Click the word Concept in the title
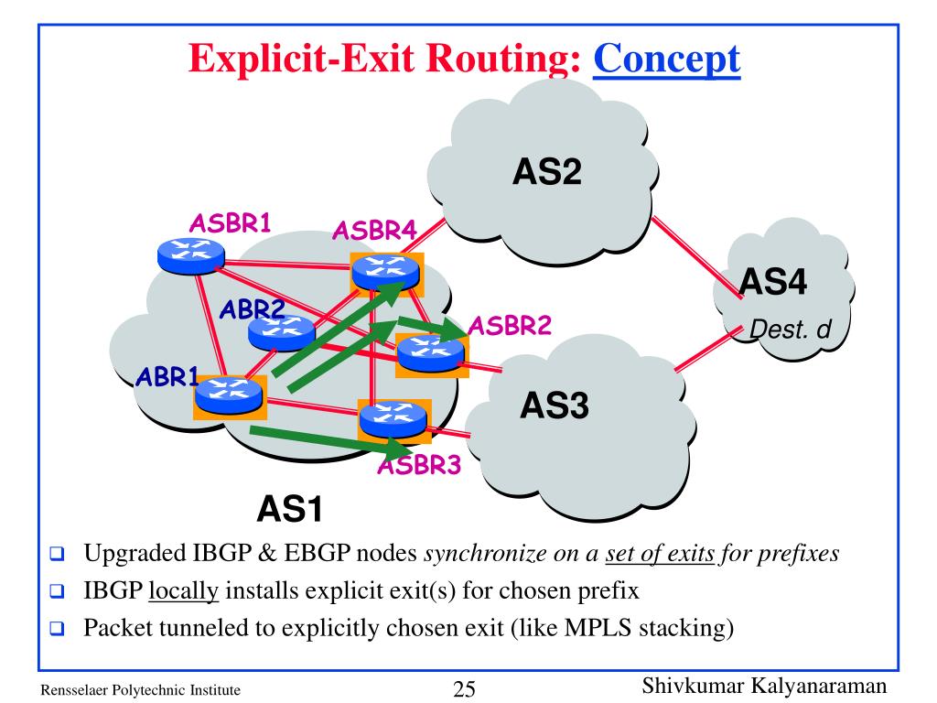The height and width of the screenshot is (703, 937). click(x=667, y=59)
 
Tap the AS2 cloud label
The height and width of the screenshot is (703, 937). click(x=547, y=171)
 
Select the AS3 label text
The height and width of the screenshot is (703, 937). click(x=555, y=405)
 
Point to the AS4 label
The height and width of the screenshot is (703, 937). click(x=773, y=281)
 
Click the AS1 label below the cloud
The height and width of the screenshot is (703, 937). click(x=290, y=509)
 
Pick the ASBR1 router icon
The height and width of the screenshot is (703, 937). click(x=191, y=256)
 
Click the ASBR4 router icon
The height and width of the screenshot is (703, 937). click(x=386, y=273)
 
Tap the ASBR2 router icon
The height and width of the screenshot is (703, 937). click(x=431, y=354)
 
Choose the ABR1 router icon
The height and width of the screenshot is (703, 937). click(x=229, y=395)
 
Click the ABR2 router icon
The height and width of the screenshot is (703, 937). click(x=282, y=332)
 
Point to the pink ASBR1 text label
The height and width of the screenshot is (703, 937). click(x=230, y=223)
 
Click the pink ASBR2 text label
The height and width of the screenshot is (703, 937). click(x=510, y=326)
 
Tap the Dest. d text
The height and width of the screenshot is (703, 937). click(x=790, y=330)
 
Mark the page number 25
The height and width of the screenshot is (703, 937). click(x=464, y=689)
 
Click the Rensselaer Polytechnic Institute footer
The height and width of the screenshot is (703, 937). click(x=140, y=690)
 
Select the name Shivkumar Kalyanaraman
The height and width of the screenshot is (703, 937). click(x=764, y=687)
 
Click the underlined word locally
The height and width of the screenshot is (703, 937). click(x=183, y=591)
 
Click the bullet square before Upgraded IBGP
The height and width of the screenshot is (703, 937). click(x=57, y=554)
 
